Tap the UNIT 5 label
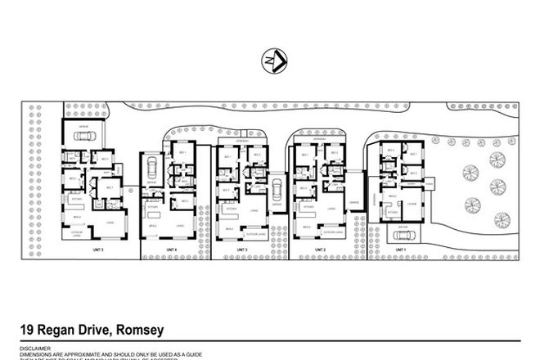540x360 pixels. [98, 247]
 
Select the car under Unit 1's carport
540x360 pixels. [400, 234]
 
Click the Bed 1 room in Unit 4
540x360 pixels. [182, 152]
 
